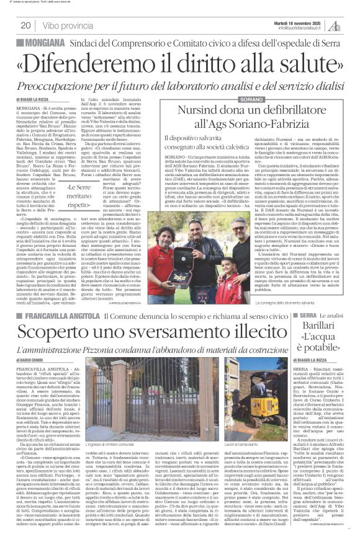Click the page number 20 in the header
click(x=26, y=25)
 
